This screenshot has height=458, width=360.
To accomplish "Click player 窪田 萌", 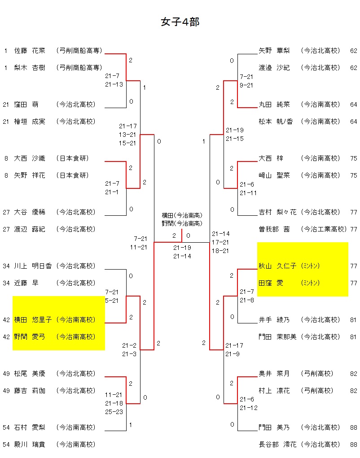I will coord(26,105).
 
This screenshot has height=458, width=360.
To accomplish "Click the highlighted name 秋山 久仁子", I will coord(277,266).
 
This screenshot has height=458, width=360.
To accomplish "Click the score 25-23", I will coord(114,411).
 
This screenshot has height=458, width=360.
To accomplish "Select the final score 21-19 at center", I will coord(182,248).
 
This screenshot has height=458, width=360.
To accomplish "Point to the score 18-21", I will coord(220,251).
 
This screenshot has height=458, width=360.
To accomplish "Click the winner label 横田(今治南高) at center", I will coord(182,215).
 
